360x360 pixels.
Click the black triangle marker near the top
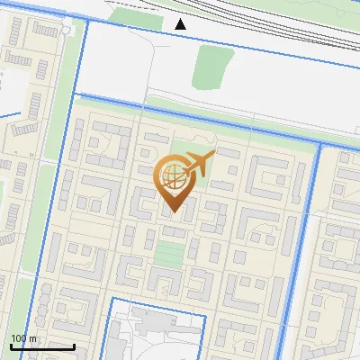[x=181, y=23]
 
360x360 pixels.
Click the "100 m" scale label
[x=23, y=338]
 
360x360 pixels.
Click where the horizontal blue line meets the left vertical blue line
[x=81, y=94]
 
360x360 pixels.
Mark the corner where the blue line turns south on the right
[x=319, y=142]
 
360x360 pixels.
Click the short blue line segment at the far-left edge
[x=9, y=116]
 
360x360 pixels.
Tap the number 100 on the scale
[x=19, y=338]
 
